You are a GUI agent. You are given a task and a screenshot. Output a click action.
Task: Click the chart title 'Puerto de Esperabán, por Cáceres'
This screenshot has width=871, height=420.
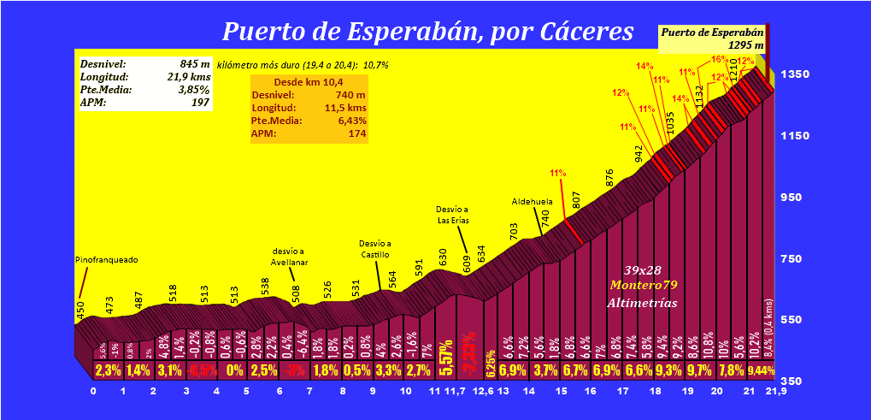427,32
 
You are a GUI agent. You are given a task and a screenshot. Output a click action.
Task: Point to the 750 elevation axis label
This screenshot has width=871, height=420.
803,259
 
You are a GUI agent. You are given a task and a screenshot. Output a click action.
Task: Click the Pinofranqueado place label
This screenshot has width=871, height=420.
107,259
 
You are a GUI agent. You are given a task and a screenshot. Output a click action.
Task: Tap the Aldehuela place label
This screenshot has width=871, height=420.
533,201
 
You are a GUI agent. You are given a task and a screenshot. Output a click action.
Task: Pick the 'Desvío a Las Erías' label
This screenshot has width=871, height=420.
453,214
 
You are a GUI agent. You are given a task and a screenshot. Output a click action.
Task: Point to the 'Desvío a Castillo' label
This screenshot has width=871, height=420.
375,249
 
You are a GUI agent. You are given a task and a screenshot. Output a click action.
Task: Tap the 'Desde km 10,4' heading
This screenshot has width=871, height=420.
309,82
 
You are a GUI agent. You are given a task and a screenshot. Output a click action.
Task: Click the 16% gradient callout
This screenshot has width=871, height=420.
718,60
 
